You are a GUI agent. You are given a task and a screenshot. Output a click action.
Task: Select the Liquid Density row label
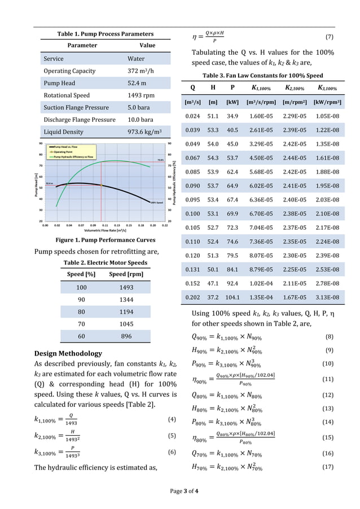65,132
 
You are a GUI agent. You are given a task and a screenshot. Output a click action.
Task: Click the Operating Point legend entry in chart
67,151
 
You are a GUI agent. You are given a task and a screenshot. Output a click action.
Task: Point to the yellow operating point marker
101,185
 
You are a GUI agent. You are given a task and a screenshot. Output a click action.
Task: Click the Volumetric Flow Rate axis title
105,230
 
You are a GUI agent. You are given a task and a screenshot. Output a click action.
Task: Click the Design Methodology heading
68,354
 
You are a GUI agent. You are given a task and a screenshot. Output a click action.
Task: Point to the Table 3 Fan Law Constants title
264,76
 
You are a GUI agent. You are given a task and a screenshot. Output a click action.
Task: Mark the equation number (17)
328,466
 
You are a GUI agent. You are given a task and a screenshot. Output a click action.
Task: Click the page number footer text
184,490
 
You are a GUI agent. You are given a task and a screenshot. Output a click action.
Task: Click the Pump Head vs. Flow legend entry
67,147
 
